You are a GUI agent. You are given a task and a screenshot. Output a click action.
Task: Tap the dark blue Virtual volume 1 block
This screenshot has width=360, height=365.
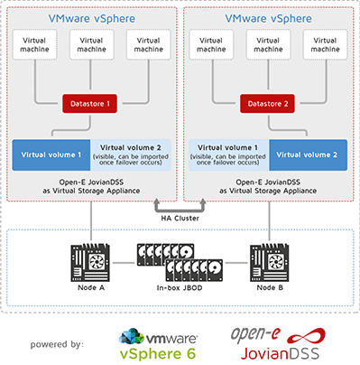51,154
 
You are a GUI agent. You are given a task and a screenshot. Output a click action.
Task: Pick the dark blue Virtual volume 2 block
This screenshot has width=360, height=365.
307,154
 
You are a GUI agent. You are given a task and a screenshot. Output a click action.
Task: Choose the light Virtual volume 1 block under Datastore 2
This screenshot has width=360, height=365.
231,154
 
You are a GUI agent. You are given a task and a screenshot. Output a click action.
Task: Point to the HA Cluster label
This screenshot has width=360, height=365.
180,218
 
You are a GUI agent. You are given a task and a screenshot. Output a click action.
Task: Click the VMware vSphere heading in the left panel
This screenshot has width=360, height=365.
88,17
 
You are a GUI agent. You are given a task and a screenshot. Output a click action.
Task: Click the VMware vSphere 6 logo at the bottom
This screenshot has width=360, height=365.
152,342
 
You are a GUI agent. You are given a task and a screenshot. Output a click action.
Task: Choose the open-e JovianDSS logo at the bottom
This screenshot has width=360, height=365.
277,342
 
